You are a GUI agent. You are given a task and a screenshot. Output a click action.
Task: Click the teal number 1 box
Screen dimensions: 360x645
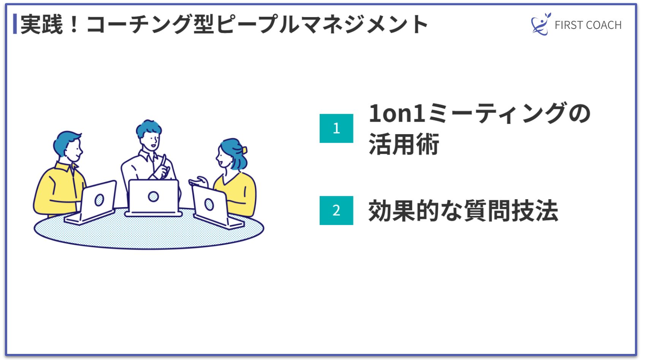click(x=336, y=128)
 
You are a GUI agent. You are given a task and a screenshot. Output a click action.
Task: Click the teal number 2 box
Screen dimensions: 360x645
click(x=336, y=211)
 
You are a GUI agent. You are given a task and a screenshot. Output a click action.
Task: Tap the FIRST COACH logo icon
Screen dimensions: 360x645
click(x=540, y=24)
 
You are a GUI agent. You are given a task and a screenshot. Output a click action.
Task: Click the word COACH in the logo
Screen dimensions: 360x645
click(x=604, y=25)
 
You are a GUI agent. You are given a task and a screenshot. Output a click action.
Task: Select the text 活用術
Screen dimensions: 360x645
click(x=404, y=144)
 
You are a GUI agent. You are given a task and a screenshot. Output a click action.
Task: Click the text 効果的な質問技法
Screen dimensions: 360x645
click(x=463, y=211)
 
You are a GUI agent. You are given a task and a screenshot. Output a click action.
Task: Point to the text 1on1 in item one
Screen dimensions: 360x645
click(x=397, y=113)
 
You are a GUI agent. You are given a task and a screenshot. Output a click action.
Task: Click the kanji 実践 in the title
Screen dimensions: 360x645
click(x=41, y=24)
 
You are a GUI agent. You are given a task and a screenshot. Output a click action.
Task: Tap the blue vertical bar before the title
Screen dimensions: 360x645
click(x=15, y=24)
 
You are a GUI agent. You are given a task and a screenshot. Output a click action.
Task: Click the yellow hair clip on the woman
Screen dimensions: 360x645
click(x=244, y=150)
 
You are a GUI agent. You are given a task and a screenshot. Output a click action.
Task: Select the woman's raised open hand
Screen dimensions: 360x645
click(x=200, y=181)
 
